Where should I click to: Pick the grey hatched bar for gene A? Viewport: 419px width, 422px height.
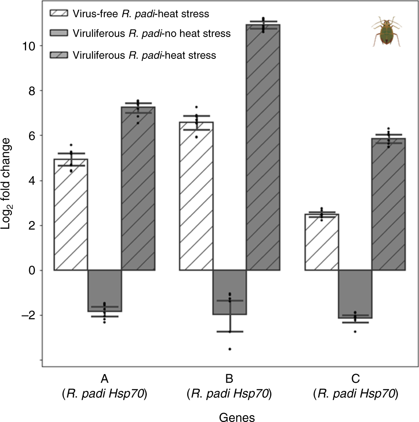click(138, 189)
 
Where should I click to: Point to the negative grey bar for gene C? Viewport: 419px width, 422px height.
click(355, 294)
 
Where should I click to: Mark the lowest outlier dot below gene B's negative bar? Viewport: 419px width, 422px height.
click(230, 349)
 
